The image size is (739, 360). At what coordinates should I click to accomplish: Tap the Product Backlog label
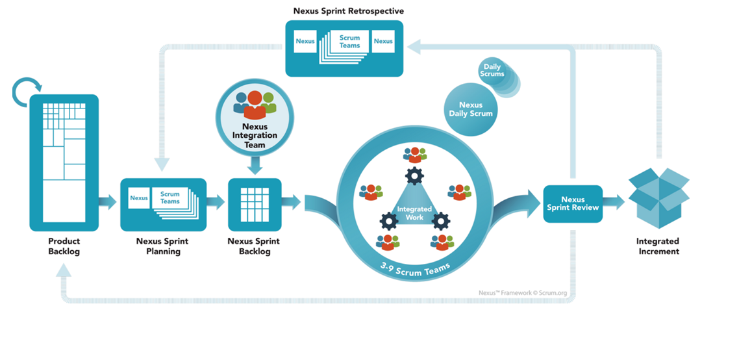(x=64, y=246)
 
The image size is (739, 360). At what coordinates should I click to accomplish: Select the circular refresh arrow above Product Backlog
(x=27, y=93)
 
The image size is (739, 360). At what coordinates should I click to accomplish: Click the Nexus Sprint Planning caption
(x=162, y=246)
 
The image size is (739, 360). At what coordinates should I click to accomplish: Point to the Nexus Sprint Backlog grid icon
(x=255, y=204)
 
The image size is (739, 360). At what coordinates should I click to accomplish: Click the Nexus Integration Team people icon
(x=255, y=104)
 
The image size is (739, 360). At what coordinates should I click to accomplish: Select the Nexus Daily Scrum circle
(x=470, y=109)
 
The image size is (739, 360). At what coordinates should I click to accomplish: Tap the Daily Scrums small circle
(x=493, y=70)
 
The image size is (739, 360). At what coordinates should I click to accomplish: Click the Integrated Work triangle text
(x=414, y=212)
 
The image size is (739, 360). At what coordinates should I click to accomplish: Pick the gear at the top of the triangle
(x=414, y=175)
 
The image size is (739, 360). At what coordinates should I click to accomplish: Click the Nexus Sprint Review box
(x=573, y=204)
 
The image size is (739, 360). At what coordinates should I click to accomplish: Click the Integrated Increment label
(x=657, y=246)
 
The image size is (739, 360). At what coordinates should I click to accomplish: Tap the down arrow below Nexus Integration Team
(x=255, y=166)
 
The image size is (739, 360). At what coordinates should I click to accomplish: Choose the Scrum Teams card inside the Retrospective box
(x=349, y=42)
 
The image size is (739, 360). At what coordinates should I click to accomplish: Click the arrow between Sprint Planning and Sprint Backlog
(x=216, y=202)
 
